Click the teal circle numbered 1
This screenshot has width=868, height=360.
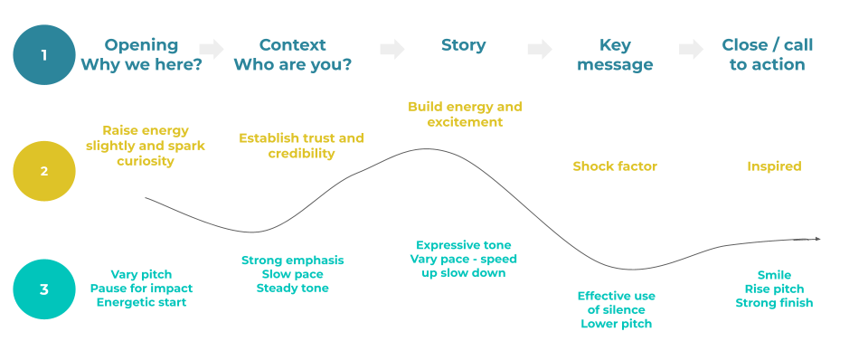pos(44,55)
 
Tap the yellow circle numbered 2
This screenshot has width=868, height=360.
pos(44,171)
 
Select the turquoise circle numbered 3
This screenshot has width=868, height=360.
pos(44,289)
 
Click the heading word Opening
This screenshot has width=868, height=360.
pos(141,45)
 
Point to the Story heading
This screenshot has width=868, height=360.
pos(463,45)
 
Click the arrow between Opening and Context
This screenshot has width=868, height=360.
pos(212,49)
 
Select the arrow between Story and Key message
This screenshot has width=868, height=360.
pos(540,49)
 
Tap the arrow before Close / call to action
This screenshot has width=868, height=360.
pos(692,49)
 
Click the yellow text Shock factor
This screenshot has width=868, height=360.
pos(615,166)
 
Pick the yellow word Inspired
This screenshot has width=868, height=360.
pos(774,166)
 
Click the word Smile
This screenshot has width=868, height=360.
pos(774,275)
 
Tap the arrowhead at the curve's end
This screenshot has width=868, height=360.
pos(817,240)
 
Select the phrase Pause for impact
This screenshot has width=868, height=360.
pos(141,288)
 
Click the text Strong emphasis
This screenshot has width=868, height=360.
pos(292,261)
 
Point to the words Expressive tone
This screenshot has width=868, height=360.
pos(463,245)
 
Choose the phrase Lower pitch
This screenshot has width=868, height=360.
pos(616,324)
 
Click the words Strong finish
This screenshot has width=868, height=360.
pos(774,302)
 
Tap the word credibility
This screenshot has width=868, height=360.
pos(301,154)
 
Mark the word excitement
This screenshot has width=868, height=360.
pos(465,122)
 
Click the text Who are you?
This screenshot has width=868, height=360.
pos(292,65)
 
